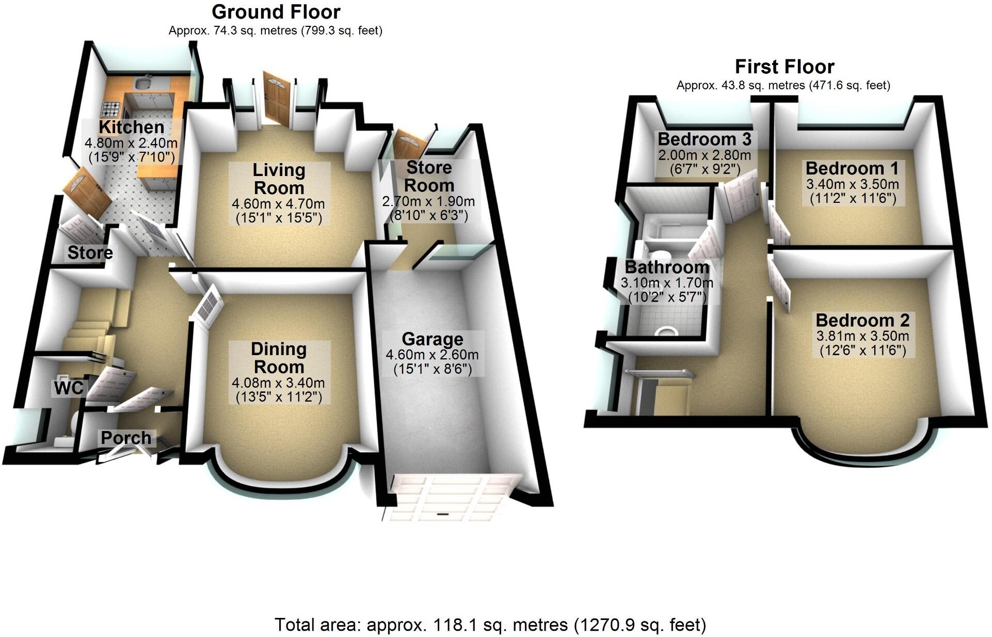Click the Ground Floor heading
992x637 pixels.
tap(276, 12)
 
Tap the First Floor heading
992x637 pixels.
tap(784, 67)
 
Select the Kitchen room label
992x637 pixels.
tap(132, 127)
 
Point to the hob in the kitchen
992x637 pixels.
tap(111, 109)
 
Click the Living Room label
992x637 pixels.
tap(279, 179)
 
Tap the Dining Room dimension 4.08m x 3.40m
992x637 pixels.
tap(278, 383)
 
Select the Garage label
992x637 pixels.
tap(433, 339)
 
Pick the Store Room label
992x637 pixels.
tap(429, 176)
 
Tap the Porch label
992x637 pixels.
tap(126, 438)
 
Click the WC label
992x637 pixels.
tap(69, 388)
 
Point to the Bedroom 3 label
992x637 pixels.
tap(705, 139)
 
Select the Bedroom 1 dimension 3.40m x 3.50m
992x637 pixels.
tap(853, 184)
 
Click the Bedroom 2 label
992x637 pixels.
tap(862, 320)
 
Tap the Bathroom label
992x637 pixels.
tap(667, 267)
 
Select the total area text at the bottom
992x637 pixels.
tap(490, 625)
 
